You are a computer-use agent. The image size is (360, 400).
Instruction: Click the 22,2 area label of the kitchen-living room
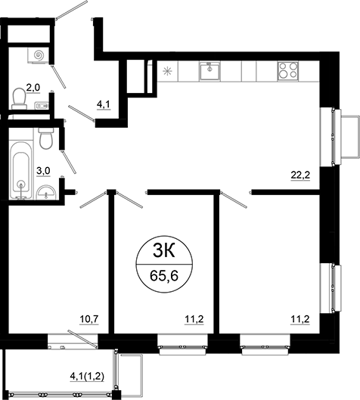pos(300,176)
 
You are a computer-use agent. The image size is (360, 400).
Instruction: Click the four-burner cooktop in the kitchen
pos(287,70)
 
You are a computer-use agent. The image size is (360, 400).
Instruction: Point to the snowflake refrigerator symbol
pos(168,71)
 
